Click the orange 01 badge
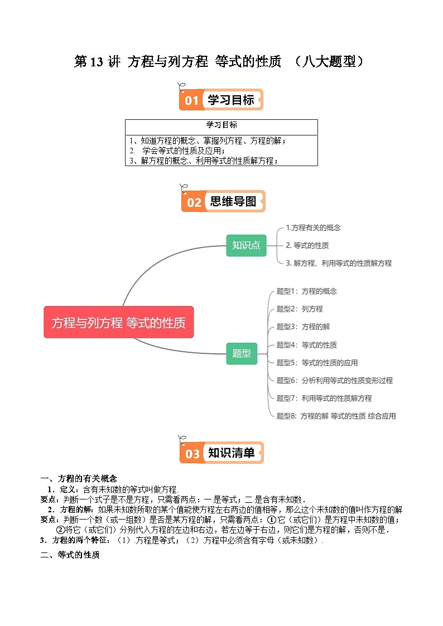coord(191,100)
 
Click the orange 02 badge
coord(194,202)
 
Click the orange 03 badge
coord(192,453)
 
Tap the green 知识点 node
coord(246,245)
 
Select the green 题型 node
coord(242,353)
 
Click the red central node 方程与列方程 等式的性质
coord(118,322)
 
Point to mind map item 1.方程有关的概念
coord(313,227)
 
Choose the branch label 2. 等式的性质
coord(307,245)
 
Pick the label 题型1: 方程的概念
coord(307,291)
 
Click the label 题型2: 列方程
coord(300,309)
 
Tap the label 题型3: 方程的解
coord(303,327)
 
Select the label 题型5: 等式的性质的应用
coord(317,362)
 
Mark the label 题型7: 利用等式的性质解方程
coord(324,398)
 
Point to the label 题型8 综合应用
coord(336,416)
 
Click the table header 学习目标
coord(222,125)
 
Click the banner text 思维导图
coord(233,202)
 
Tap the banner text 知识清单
coord(232,453)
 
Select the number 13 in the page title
coord(97,62)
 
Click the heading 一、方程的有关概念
coord(79,478)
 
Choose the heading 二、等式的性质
coord(70,555)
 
